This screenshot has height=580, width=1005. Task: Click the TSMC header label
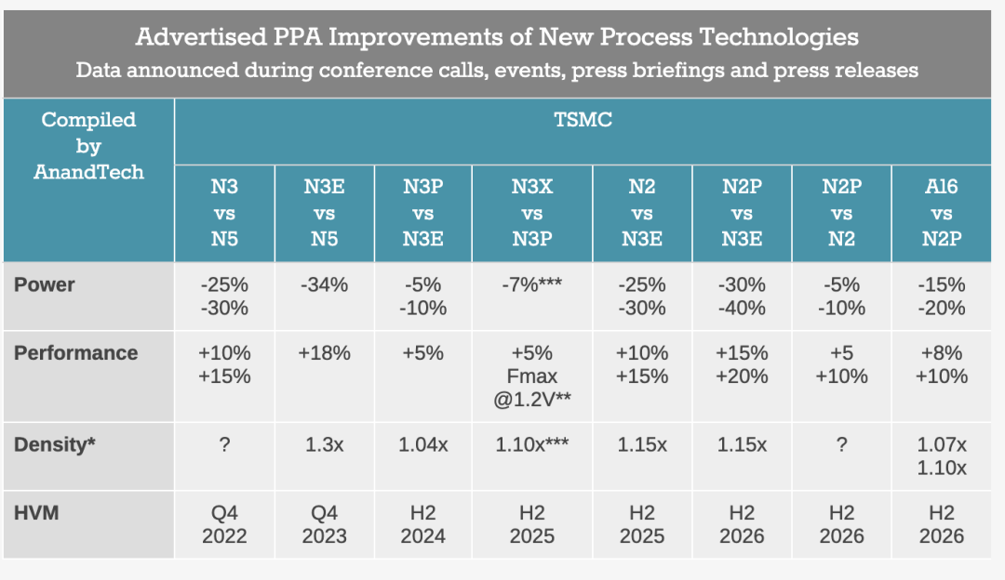pyautogui.click(x=583, y=120)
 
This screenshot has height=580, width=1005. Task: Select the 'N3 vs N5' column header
pyautogui.click(x=224, y=213)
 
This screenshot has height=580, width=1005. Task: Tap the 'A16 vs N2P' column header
pyautogui.click(x=942, y=213)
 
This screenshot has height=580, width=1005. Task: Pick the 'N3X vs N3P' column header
pyautogui.click(x=532, y=213)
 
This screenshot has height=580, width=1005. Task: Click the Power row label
pyautogui.click(x=45, y=284)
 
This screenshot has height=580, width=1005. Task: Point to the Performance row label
pyautogui.click(x=75, y=352)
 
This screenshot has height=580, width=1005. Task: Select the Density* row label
pyautogui.click(x=55, y=444)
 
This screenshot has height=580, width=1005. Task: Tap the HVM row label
pyautogui.click(x=36, y=513)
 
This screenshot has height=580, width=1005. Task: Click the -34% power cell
pyautogui.click(x=325, y=284)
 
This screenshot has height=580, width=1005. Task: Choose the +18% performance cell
pyautogui.click(x=325, y=352)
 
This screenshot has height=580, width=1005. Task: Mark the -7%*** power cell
pyautogui.click(x=532, y=284)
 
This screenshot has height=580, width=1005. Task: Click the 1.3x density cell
pyautogui.click(x=325, y=444)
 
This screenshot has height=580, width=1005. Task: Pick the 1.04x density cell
pyautogui.click(x=423, y=444)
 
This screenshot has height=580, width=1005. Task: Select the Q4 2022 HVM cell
pyautogui.click(x=224, y=524)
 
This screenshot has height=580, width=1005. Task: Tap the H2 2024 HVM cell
pyautogui.click(x=423, y=524)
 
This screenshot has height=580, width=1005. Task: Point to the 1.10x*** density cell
pyautogui.click(x=532, y=444)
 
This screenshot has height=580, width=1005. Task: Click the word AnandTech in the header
pyautogui.click(x=88, y=172)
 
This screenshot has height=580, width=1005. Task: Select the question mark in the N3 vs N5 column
pyautogui.click(x=224, y=444)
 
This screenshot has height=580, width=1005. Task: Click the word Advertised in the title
pyautogui.click(x=201, y=36)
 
